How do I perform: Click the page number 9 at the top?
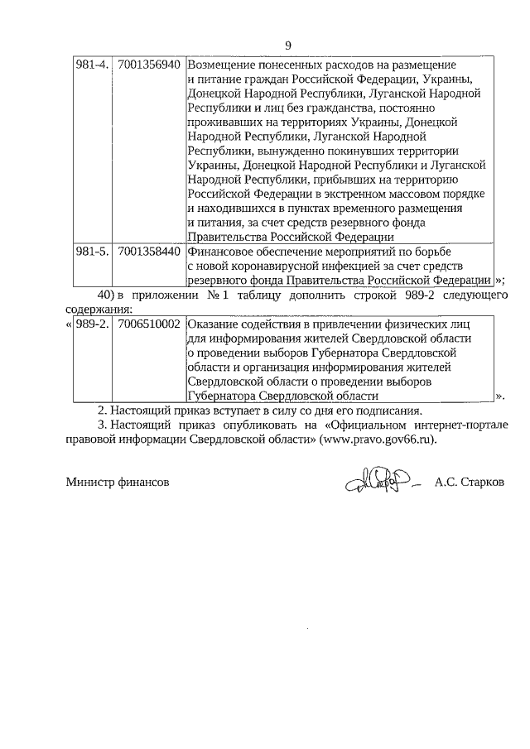tap(287, 46)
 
